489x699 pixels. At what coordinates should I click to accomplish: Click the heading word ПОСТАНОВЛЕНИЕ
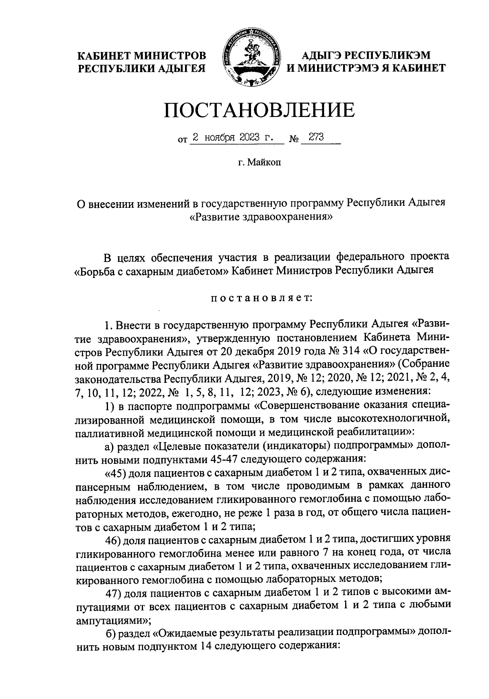[259, 111]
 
